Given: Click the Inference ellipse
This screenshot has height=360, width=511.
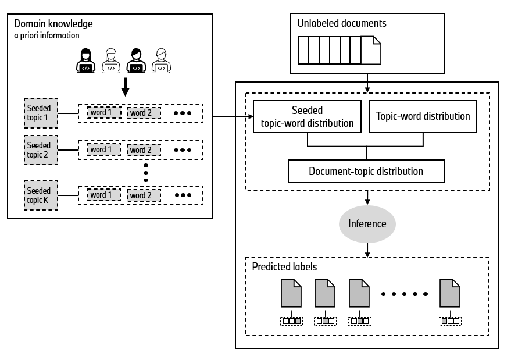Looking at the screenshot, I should tap(367, 223).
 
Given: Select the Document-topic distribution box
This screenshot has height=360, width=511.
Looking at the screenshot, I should tap(366, 172).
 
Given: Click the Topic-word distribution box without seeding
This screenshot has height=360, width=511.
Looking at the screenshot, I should tap(423, 116).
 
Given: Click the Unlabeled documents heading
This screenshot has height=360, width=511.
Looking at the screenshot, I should tap(342, 24).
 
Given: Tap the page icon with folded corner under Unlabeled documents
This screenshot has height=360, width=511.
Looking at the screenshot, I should tap(371, 49).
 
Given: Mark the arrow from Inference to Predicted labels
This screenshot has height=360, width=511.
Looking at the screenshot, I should tap(367, 249).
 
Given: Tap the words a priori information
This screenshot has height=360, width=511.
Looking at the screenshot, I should tap(47, 35).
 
